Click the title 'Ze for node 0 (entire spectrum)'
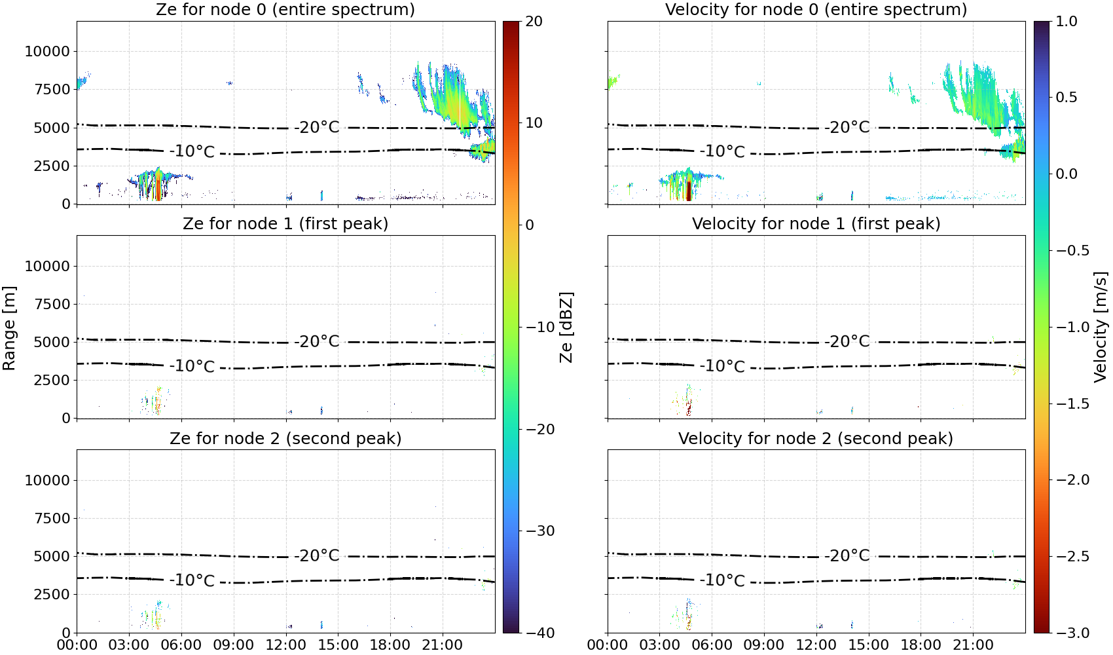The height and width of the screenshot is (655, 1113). coord(285,9)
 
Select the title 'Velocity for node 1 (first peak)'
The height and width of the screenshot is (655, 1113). coord(816,223)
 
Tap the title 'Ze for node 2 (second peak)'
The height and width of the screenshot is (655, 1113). coord(285,438)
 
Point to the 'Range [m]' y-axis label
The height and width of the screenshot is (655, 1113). coord(9,328)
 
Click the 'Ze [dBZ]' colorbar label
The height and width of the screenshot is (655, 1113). coord(566,327)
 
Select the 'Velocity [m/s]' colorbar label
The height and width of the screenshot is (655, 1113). coord(1101,327)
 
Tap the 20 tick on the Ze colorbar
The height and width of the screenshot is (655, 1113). coord(534,22)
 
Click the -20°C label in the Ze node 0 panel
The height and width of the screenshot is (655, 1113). coord(316,127)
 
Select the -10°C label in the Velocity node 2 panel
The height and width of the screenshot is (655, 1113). coord(722,580)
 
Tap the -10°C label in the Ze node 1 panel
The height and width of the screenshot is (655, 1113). coord(192,366)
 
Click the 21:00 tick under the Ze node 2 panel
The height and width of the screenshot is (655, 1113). coord(443,645)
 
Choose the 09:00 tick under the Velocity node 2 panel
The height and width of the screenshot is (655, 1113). coord(763,645)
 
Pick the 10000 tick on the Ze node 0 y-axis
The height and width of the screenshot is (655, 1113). coord(47,51)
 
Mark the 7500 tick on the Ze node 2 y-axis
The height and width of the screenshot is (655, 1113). coord(52,518)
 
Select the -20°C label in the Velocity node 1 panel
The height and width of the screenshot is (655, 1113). coord(847,341)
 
